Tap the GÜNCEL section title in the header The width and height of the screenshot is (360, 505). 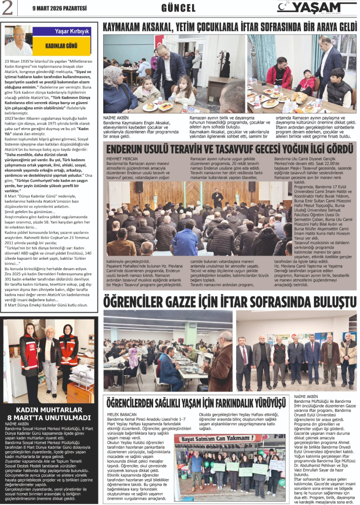(178, 8)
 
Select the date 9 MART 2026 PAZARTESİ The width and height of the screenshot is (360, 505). (60, 8)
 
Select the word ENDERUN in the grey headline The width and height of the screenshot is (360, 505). (129, 150)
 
